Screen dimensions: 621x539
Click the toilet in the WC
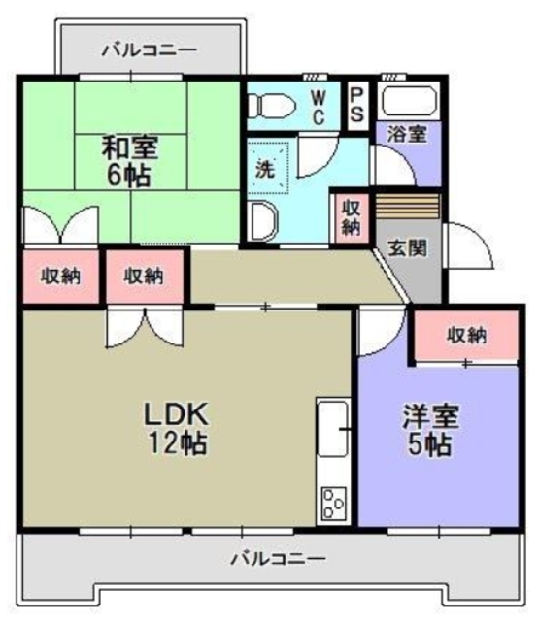[271, 104]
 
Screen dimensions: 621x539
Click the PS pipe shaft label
[356, 103]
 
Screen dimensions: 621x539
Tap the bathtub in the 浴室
[407, 101]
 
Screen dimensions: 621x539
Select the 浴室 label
[406, 134]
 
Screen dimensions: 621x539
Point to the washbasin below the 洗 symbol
[261, 220]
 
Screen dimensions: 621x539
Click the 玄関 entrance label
[405, 246]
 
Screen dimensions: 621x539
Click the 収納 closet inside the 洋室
[466, 336]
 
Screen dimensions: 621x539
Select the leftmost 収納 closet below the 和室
[59, 276]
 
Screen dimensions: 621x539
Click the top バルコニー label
[149, 48]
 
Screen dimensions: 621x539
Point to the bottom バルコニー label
[278, 559]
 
